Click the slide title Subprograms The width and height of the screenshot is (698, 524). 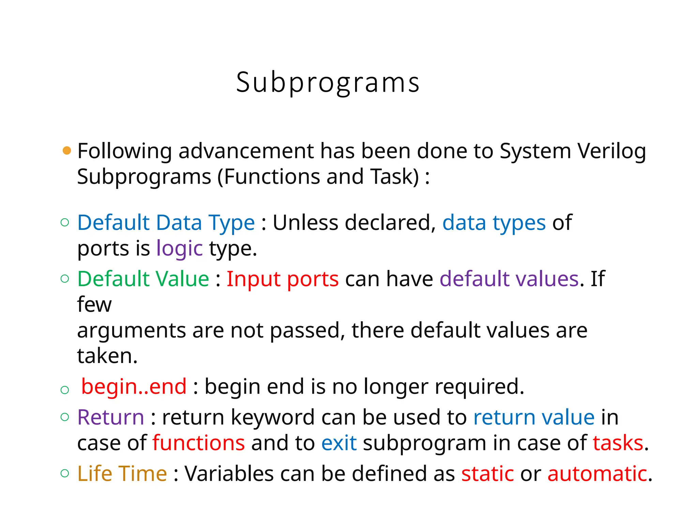coord(328,83)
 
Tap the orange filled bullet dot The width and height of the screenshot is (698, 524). coord(67,150)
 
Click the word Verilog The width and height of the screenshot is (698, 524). coord(611,151)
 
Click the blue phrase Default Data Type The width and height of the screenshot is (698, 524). coord(166,223)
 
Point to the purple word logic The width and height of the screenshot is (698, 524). coord(180,248)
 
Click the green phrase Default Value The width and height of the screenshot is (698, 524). coord(143,279)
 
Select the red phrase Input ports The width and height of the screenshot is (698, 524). coord(283,279)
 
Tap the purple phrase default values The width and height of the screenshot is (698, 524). coord(509,279)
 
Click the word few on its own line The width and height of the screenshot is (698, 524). coord(94,305)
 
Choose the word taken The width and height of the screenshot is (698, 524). coord(107,356)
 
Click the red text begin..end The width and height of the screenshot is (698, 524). coord(134,387)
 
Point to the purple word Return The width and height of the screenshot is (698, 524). coord(111,418)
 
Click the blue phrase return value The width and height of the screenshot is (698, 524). coord(534,418)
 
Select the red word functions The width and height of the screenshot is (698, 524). coord(199,443)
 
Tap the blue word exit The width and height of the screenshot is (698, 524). coord(339,443)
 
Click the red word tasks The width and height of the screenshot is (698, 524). coord(618,443)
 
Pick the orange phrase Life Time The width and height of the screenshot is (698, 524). coord(122,474)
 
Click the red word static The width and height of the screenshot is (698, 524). coord(487,474)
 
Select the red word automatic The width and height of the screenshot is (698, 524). coord(597,474)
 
